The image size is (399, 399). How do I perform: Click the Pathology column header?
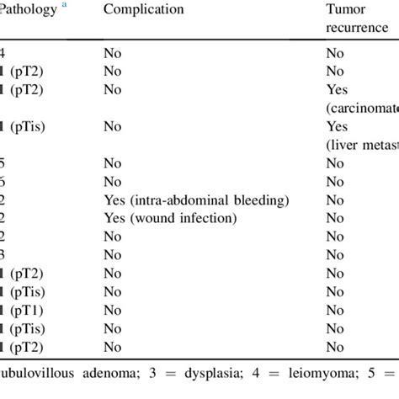pos(29,9)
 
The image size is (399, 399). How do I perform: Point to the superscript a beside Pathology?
pos(63,6)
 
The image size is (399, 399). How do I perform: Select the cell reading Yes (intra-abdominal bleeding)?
pos(196,200)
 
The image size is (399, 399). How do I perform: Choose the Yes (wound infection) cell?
pos(170,218)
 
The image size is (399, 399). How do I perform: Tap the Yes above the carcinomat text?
pos(337,91)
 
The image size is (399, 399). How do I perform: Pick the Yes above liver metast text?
pos(337,127)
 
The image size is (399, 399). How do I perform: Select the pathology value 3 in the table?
pos(3,254)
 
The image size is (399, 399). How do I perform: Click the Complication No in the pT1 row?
pos(112,309)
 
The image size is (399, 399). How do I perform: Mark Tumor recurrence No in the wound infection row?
pos(335,218)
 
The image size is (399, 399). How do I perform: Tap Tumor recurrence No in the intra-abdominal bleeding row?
pos(335,200)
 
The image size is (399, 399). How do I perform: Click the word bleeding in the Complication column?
pos(260,200)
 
